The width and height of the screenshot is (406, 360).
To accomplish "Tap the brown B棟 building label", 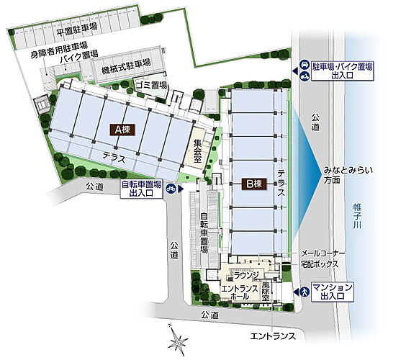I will tap(255, 184).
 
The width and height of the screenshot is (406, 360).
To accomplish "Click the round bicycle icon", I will tap(171, 189).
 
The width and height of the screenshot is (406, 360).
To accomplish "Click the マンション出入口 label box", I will tap(336, 292).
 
